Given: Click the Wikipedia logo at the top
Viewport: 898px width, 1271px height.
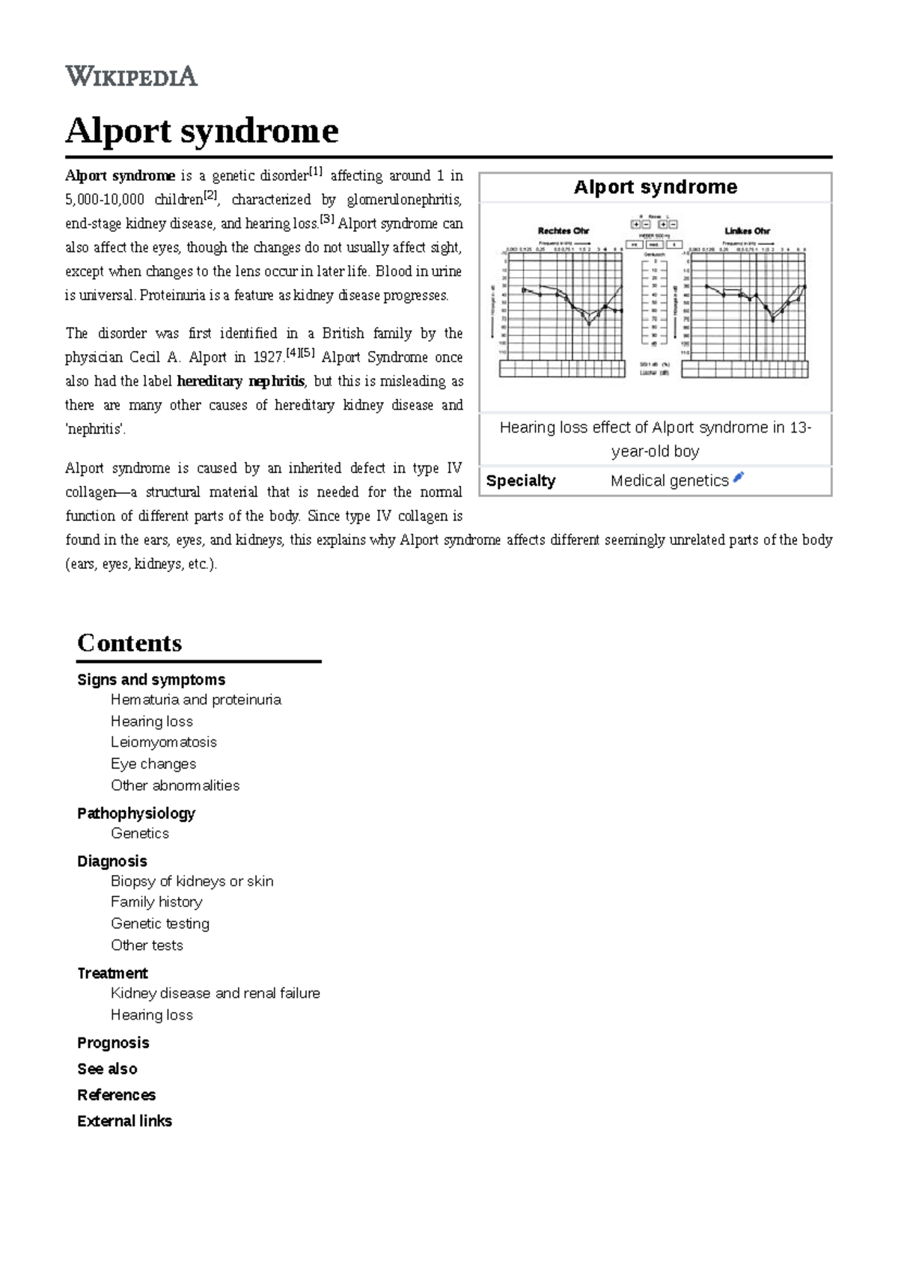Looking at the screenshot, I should [x=131, y=76].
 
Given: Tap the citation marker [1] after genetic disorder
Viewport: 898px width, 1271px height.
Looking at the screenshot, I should [x=315, y=172].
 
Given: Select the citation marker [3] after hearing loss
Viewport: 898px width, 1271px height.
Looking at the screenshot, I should [x=327, y=219].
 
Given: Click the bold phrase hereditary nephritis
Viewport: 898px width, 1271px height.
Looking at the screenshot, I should [x=240, y=382].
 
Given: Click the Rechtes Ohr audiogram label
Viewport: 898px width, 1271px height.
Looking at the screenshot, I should [x=563, y=231].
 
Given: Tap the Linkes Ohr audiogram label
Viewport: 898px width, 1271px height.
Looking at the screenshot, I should [x=746, y=231].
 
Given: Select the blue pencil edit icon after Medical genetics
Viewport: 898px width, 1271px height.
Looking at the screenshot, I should [x=739, y=478].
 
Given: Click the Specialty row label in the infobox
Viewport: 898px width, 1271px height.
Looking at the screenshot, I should [x=521, y=481].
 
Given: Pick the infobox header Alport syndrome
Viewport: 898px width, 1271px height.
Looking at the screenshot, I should [x=655, y=187].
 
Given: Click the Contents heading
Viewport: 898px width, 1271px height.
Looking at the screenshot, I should [x=129, y=643].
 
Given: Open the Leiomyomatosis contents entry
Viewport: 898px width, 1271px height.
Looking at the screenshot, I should [x=164, y=743].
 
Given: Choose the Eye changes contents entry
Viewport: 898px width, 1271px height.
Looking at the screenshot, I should [x=153, y=764].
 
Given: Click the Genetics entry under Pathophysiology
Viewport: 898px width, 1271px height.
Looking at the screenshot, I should [x=140, y=834].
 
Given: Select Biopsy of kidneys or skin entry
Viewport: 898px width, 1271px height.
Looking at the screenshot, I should [x=192, y=882].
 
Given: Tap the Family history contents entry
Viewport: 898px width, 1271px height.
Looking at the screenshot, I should [x=156, y=903].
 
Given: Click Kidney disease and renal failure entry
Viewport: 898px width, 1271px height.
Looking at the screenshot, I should [x=216, y=994].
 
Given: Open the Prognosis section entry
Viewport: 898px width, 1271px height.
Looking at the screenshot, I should [x=113, y=1043].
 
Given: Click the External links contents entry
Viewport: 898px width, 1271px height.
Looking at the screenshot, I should [x=125, y=1121].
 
